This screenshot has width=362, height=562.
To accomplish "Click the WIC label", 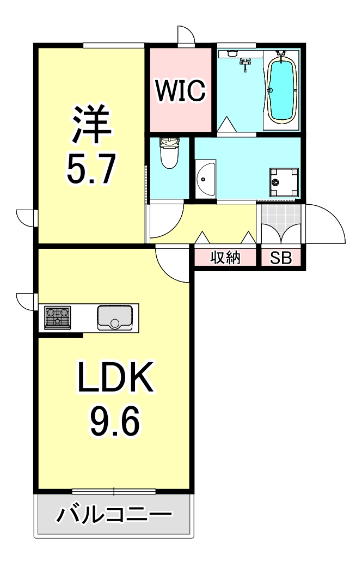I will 180,91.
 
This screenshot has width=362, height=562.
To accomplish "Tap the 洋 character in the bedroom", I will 90,125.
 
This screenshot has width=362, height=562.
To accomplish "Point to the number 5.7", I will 90,170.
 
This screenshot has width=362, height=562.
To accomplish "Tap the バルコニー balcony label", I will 114,515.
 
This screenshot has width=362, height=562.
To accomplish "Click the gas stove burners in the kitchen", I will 57,317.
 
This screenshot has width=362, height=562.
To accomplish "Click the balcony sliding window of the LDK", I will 114,491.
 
